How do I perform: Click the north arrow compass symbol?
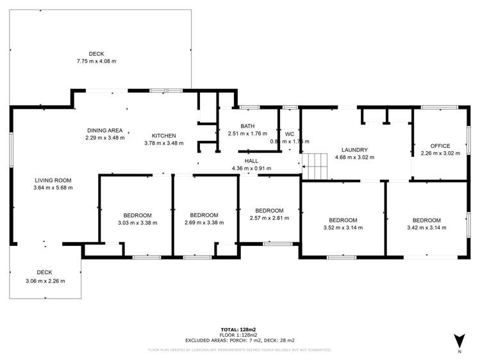458,340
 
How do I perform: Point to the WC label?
290,134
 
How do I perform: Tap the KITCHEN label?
163,135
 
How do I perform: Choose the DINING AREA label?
105,130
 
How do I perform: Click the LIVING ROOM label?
53,180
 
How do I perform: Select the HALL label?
251,161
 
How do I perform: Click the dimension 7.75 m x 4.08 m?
97,61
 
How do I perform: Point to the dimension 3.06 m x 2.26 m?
45,281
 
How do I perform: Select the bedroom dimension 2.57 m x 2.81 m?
269,218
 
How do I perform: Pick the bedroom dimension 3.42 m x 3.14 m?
426,227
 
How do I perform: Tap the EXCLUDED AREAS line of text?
240,340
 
